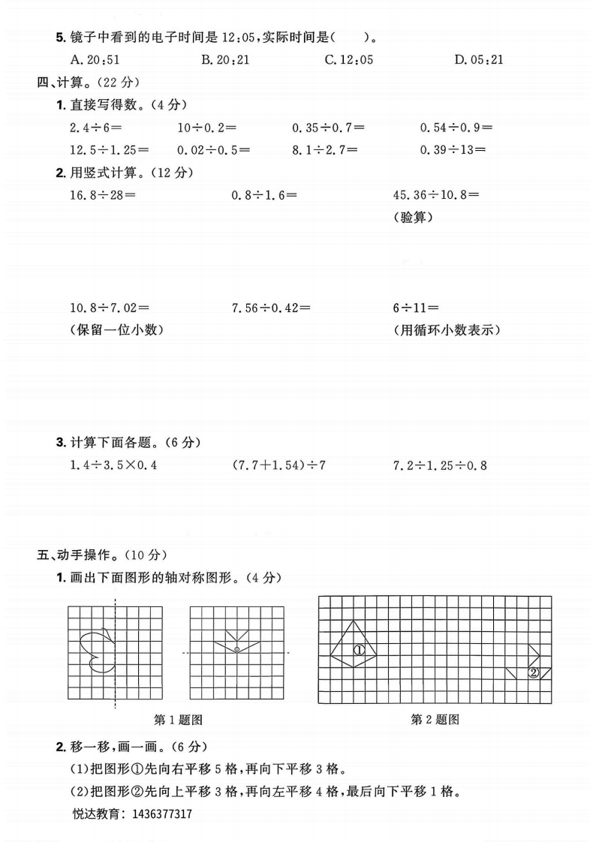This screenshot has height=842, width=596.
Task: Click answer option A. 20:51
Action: (x=93, y=59)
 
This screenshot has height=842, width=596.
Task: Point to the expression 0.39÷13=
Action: (x=453, y=149)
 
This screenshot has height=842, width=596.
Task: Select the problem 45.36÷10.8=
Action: (x=436, y=195)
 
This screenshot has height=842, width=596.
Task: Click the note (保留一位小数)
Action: (x=116, y=329)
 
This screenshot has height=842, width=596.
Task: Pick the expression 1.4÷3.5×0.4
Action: (x=113, y=465)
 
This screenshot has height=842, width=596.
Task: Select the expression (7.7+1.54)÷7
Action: (x=279, y=465)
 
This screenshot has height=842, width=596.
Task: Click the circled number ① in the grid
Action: (x=359, y=650)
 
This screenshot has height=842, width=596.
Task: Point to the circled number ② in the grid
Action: (x=534, y=672)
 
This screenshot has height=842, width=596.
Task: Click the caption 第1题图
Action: (x=178, y=720)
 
